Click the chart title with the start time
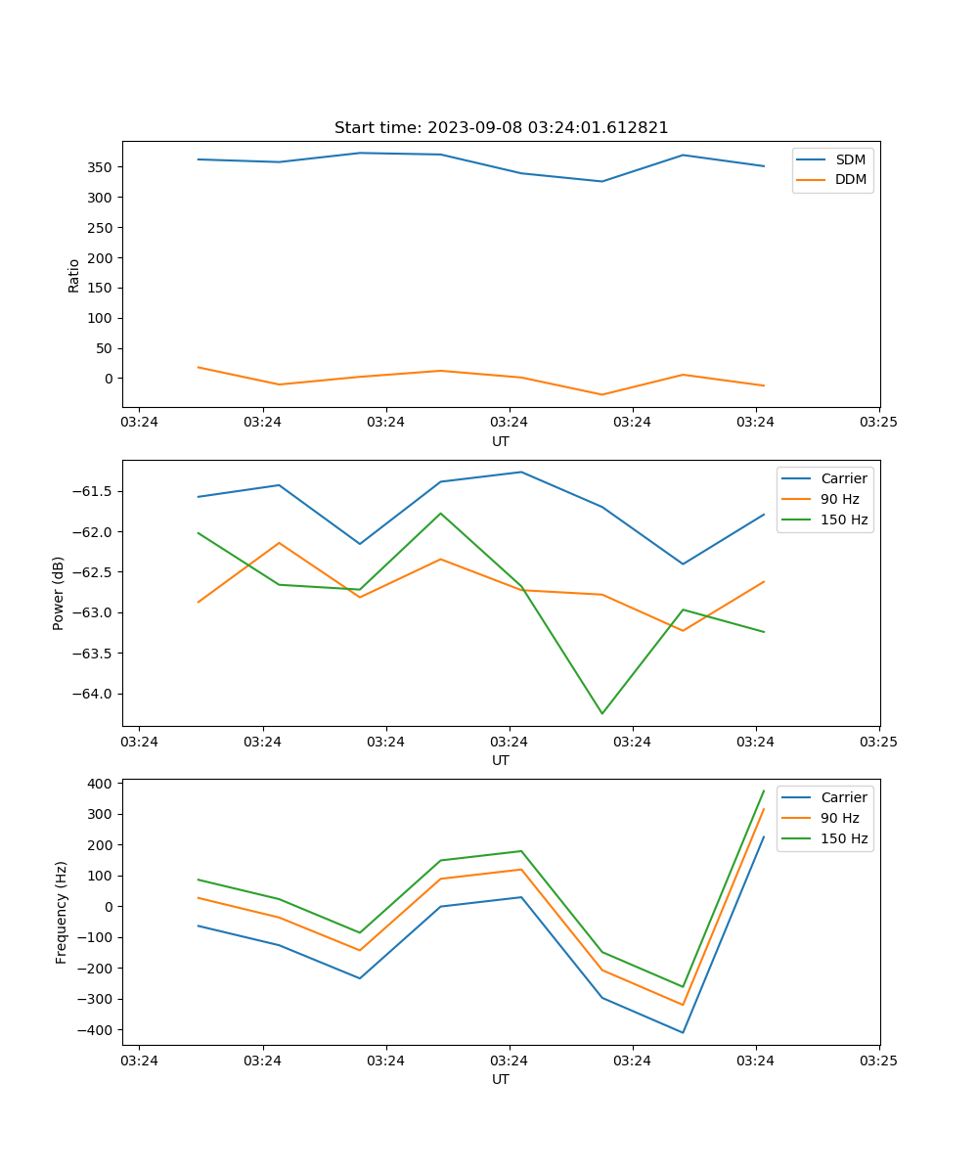(501, 128)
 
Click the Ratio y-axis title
(73, 275)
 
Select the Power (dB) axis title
(59, 593)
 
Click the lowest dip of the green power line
(601, 713)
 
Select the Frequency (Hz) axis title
(61, 912)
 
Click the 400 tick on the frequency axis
(100, 784)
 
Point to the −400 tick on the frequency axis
(96, 1030)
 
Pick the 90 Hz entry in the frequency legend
(839, 818)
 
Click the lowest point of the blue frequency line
(683, 1032)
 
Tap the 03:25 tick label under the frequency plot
(878, 1061)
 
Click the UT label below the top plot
(501, 441)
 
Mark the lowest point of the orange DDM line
(601, 394)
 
